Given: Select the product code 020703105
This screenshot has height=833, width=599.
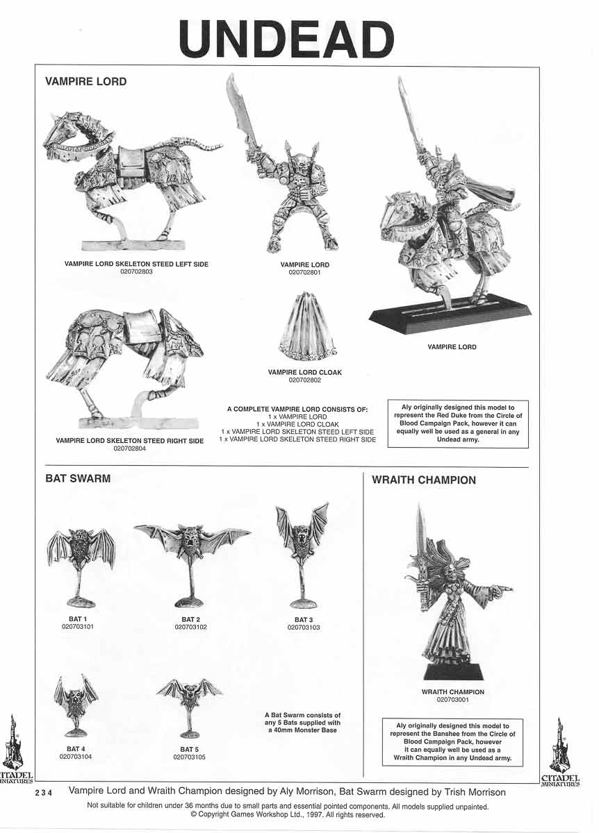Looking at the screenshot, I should coord(190,757).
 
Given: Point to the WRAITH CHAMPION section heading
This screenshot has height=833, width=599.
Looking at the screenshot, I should coord(424,480).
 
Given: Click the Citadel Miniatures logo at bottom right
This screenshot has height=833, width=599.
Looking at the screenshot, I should coord(559,753).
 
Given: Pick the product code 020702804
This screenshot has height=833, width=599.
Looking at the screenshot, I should coord(129,449).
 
